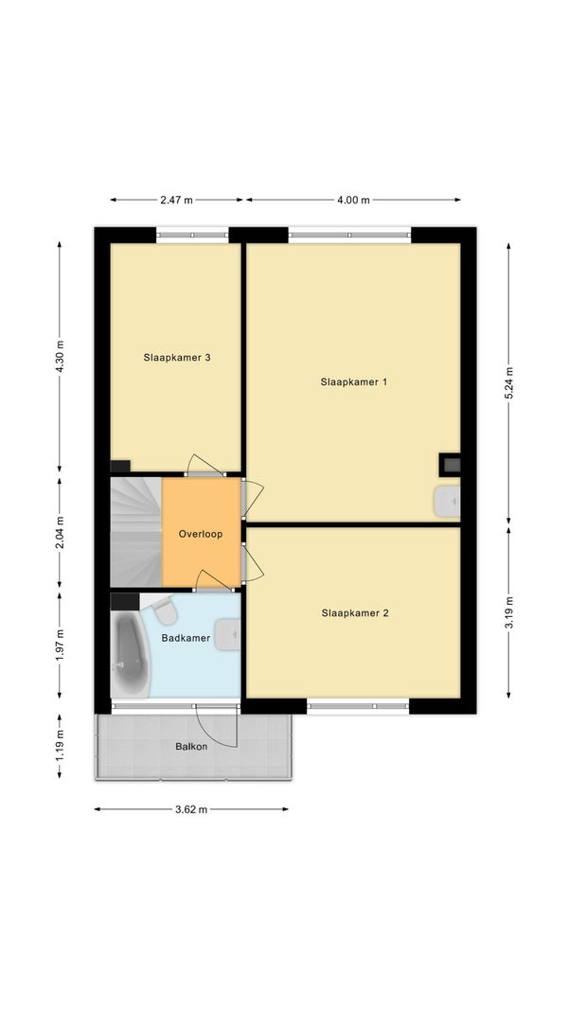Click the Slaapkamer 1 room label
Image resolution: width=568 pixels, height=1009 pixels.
pyautogui.click(x=354, y=381)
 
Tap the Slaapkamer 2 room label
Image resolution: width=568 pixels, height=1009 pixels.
pyautogui.click(x=355, y=613)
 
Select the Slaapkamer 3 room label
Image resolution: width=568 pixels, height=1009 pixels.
pyautogui.click(x=177, y=358)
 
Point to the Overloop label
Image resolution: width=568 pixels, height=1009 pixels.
pyautogui.click(x=201, y=534)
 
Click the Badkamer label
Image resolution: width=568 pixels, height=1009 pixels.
pyautogui.click(x=186, y=638)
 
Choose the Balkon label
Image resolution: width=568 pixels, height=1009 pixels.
pyautogui.click(x=191, y=747)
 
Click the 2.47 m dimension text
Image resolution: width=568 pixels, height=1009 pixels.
pyautogui.click(x=176, y=200)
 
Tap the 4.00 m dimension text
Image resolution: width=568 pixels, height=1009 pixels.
pyautogui.click(x=353, y=200)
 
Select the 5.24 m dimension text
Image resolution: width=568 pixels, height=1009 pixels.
pyautogui.click(x=508, y=383)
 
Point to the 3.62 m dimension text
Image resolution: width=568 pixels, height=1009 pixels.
pyautogui.click(x=191, y=809)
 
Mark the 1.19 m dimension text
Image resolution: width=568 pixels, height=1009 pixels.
pyautogui.click(x=60, y=746)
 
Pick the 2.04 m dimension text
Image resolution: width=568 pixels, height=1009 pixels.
pyautogui.click(x=60, y=533)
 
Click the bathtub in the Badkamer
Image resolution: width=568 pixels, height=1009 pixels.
pyautogui.click(x=130, y=654)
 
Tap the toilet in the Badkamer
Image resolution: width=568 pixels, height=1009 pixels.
pyautogui.click(x=164, y=610)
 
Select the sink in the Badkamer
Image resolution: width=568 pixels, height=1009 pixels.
pyautogui.click(x=227, y=634)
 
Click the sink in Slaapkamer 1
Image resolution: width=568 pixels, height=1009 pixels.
pyautogui.click(x=447, y=502)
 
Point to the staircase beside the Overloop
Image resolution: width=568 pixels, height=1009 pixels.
pyautogui.click(x=135, y=532)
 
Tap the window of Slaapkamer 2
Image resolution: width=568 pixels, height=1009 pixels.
pyautogui.click(x=358, y=706)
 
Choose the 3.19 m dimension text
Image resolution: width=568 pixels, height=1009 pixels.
pyautogui.click(x=508, y=613)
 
